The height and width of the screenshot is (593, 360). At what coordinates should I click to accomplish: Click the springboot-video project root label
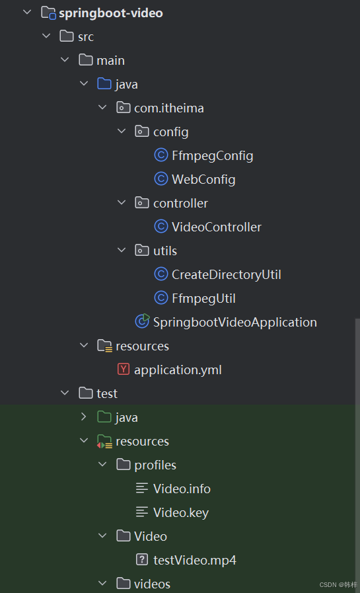(x=111, y=13)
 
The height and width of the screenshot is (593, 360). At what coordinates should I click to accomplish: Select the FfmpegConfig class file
(x=212, y=156)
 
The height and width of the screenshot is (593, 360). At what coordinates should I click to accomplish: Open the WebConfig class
(x=203, y=180)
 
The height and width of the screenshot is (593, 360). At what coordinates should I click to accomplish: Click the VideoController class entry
(x=217, y=227)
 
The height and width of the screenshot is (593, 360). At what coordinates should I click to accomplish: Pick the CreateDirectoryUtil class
(x=227, y=275)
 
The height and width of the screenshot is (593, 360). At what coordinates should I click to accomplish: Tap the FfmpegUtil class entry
(x=203, y=299)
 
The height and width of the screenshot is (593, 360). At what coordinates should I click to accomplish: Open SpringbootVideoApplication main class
(x=235, y=323)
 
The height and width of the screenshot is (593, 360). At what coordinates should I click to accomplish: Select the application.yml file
(x=178, y=370)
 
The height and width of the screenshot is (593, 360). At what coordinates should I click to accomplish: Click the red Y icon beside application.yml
(x=124, y=369)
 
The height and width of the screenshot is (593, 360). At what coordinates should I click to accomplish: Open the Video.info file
(x=182, y=489)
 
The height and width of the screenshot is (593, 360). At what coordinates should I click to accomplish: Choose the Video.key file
(x=181, y=513)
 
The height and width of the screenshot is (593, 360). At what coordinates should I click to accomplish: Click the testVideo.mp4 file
(x=195, y=561)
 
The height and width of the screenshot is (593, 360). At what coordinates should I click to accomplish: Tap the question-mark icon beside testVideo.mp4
(x=142, y=559)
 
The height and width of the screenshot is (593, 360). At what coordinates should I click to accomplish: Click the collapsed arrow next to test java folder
(x=84, y=416)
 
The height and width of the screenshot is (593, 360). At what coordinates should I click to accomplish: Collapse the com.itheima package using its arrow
(x=102, y=107)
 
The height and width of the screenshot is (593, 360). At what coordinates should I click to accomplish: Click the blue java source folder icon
(x=104, y=83)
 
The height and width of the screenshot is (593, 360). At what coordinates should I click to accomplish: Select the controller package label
(x=180, y=204)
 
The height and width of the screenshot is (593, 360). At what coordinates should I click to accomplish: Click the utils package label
(x=165, y=251)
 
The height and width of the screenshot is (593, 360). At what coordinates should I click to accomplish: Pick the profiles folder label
(x=155, y=465)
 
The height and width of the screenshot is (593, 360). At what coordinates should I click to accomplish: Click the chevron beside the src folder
(x=46, y=36)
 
